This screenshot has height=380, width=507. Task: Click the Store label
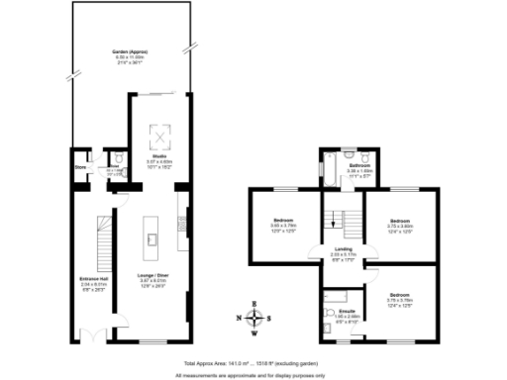click(x=80, y=167)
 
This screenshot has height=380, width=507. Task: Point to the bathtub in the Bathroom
click(x=325, y=167)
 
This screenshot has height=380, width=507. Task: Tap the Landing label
click(x=344, y=249)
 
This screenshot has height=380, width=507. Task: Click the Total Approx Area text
click(x=253, y=366)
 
